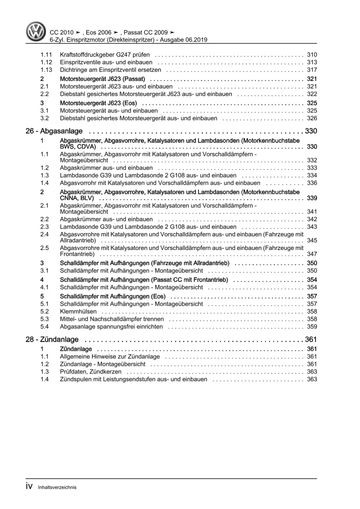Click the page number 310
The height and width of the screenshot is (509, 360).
click(x=312, y=55)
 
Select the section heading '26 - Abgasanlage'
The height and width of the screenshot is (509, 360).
click(x=54, y=131)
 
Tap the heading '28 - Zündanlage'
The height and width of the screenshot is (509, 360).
click(x=52, y=339)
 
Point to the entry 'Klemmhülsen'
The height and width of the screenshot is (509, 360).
click(x=78, y=312)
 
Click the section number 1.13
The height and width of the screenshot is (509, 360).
click(x=46, y=70)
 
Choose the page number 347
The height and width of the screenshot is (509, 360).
click(x=312, y=254)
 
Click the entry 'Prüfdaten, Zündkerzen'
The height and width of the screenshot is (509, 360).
click(x=90, y=372)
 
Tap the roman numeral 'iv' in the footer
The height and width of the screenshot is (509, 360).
click(x=29, y=487)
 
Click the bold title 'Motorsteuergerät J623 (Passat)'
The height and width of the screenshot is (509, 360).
click(x=102, y=79)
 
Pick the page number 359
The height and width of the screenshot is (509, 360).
click(x=312, y=327)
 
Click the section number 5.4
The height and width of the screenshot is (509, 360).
click(x=44, y=327)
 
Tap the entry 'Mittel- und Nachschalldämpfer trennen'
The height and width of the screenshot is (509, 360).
click(x=112, y=319)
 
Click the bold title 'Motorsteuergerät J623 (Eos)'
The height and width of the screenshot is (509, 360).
click(x=98, y=103)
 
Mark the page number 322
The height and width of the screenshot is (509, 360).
click(x=312, y=94)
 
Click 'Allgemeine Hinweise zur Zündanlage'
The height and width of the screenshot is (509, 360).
click(x=110, y=357)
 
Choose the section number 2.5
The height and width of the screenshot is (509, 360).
click(x=44, y=248)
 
